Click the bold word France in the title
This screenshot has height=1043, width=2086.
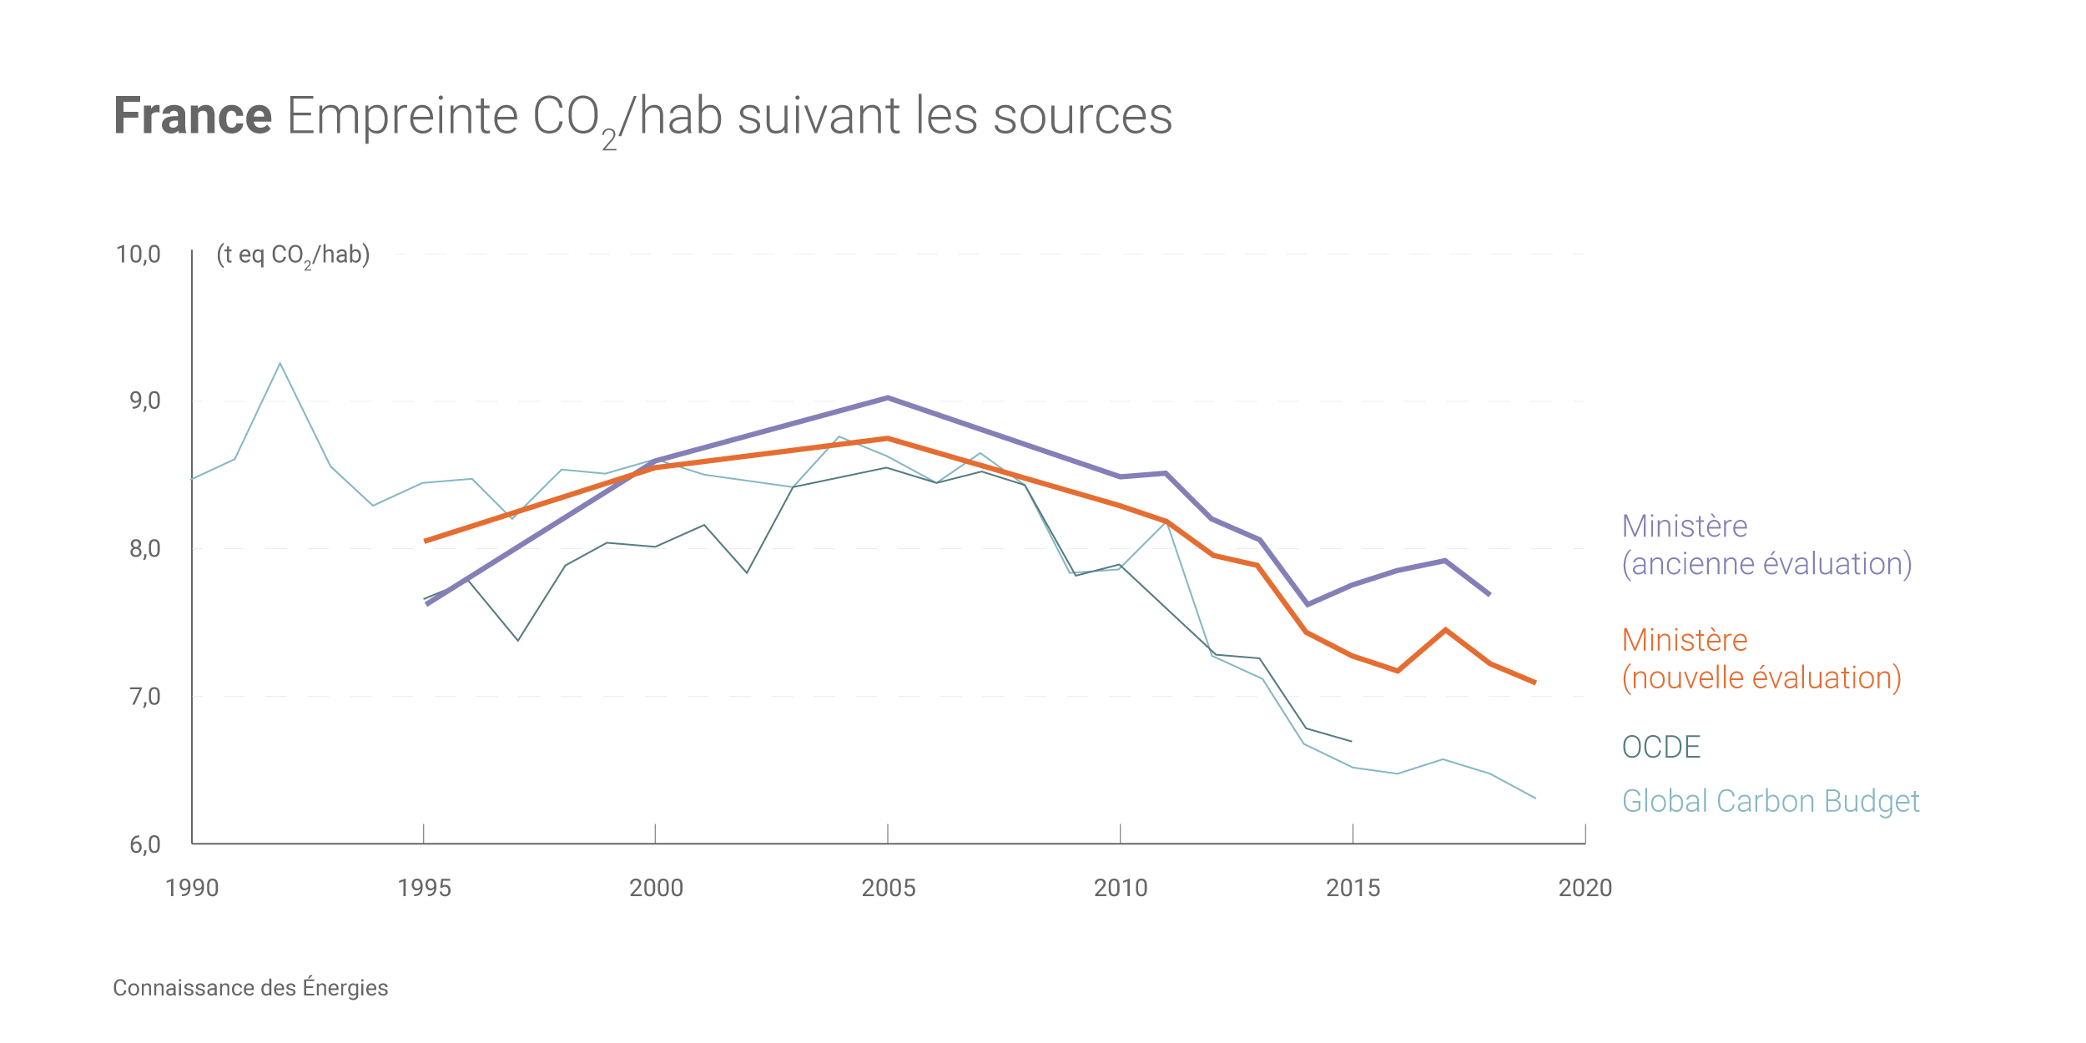point(193,116)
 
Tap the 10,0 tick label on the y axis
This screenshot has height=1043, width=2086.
point(139,254)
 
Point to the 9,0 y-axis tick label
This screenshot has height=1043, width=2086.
point(144,401)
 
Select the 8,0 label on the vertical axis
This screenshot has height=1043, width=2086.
point(144,549)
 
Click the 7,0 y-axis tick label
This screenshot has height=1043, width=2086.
point(144,697)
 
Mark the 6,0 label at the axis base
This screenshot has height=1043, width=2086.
point(144,844)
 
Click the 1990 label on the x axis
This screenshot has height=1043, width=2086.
point(192,888)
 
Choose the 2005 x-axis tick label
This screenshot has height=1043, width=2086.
point(888,888)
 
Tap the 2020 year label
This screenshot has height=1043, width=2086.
point(1585,888)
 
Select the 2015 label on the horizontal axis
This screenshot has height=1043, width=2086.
point(1353,888)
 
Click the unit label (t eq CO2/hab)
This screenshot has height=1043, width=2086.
point(293,254)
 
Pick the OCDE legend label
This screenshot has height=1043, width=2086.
point(1660,747)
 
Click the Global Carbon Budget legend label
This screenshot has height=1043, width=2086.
point(1770,801)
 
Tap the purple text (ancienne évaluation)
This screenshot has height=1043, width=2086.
point(1766,564)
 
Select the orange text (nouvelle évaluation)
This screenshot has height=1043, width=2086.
point(1761,678)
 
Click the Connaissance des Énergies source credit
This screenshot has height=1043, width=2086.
point(250,988)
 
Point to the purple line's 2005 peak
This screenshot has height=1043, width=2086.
point(888,398)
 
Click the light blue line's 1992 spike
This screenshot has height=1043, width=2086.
point(280,364)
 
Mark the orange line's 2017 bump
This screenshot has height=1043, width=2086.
point(1445,630)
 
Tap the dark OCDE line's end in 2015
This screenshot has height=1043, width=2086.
point(1351,741)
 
